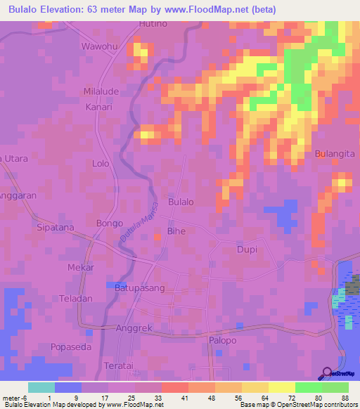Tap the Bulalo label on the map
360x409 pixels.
[181, 202]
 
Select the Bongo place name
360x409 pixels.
[109, 223]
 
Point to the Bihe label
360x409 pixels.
[176, 231]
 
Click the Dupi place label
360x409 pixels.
[247, 249]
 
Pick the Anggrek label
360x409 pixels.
[133, 327]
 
